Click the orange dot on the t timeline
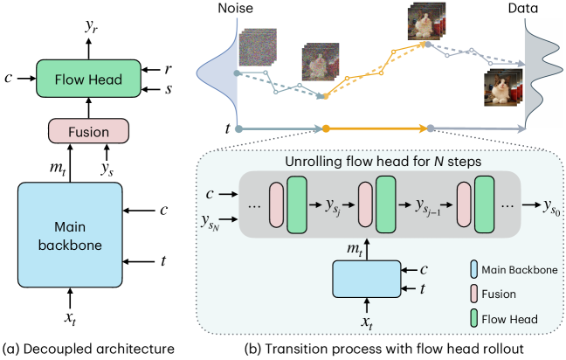pyautogui.click(x=325, y=129)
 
